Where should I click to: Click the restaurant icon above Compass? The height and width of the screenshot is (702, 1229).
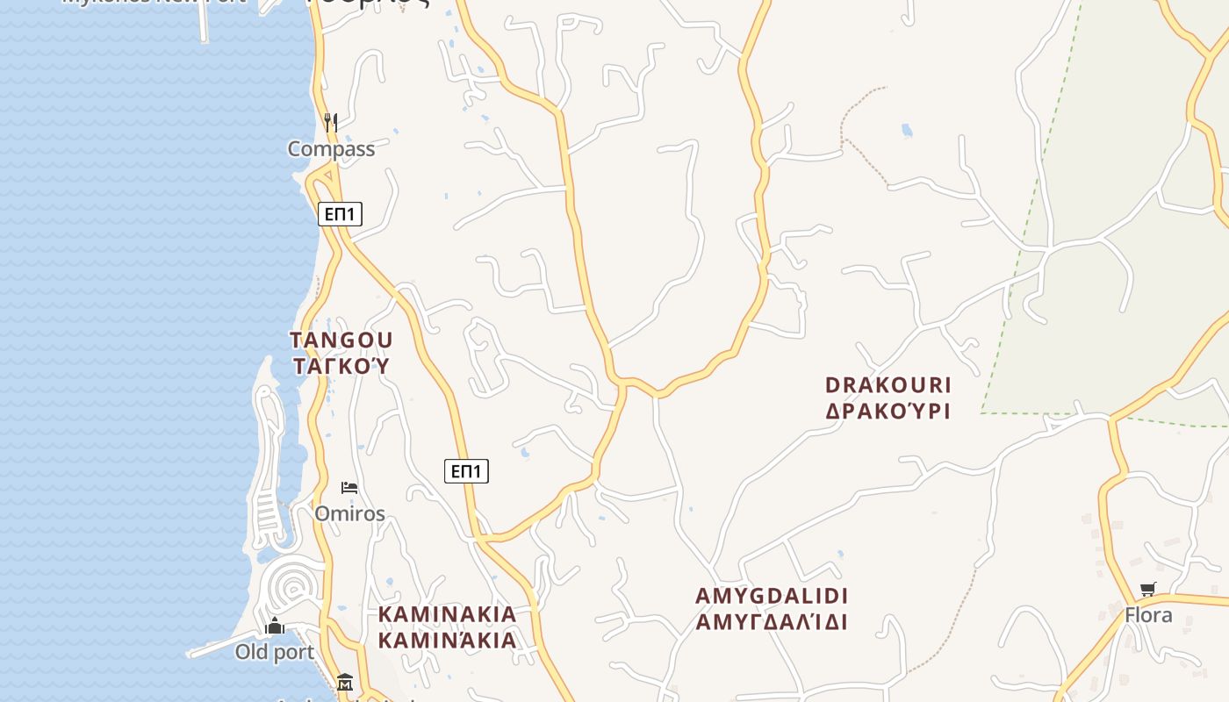[x=331, y=122]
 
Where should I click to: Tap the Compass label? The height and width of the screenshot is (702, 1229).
[x=331, y=149]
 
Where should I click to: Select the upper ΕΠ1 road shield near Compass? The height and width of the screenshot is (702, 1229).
[x=340, y=213]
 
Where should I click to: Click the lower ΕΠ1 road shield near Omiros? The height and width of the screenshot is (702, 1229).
[x=466, y=471]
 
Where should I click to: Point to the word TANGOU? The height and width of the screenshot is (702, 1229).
[x=341, y=340]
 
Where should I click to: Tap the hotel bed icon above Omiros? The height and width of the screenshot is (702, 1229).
[x=349, y=488]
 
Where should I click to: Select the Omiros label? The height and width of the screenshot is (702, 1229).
[x=349, y=513]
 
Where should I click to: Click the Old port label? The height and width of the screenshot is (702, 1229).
[x=274, y=652]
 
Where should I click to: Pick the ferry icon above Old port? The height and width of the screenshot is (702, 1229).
[x=275, y=627]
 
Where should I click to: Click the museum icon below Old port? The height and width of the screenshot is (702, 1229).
[x=344, y=682]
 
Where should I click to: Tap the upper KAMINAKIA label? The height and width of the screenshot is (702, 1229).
[x=447, y=614]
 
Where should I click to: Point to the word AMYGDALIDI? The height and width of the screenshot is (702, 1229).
[x=772, y=597]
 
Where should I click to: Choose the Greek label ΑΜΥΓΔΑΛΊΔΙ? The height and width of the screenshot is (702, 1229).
[x=772, y=622]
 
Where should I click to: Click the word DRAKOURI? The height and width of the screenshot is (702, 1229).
[x=888, y=385]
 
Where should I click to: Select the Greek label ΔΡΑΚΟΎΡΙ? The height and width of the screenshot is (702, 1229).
[x=888, y=411]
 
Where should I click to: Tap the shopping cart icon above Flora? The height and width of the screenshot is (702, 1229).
[x=1148, y=589]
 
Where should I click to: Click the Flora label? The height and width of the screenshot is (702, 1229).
[x=1148, y=615]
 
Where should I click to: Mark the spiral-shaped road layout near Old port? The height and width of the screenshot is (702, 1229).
[x=290, y=585]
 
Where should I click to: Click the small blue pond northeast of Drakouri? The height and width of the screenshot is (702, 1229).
[x=907, y=132]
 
